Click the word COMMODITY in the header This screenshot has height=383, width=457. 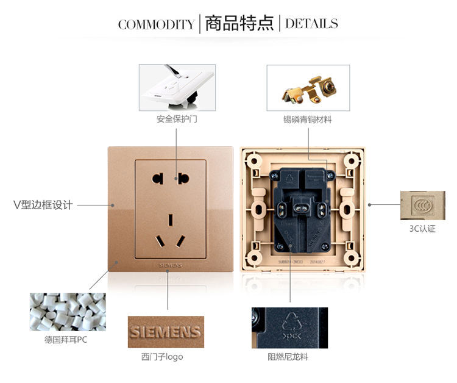[155, 24]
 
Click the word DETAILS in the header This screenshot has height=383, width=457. [311, 24]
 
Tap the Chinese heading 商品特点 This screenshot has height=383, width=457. [238, 24]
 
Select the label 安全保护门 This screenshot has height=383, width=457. [177, 120]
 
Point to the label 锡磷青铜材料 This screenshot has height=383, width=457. [308, 120]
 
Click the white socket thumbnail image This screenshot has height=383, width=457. [177, 88]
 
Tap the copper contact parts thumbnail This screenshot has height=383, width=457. [308, 88]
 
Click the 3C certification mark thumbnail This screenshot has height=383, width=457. [422, 206]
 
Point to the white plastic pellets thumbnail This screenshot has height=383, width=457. [68, 312]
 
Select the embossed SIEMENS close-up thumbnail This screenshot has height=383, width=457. [166, 332]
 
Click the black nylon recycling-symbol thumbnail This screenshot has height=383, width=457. [289, 328]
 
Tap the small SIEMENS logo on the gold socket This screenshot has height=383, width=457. [170, 267]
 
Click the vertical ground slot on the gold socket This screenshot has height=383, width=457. [171, 218]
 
